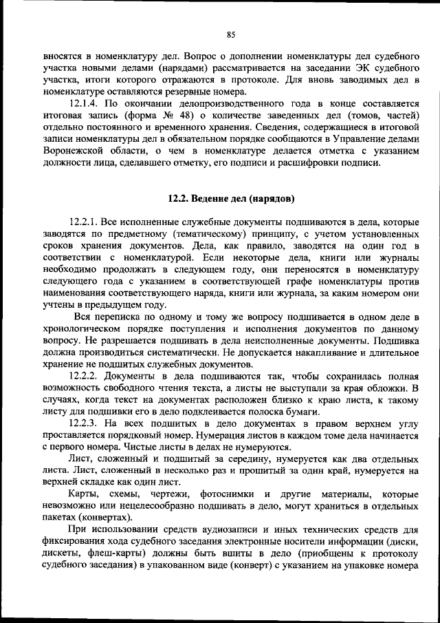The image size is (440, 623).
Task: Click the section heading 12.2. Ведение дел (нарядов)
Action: coord(231,199)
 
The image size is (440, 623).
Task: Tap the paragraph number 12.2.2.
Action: coord(87,377)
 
